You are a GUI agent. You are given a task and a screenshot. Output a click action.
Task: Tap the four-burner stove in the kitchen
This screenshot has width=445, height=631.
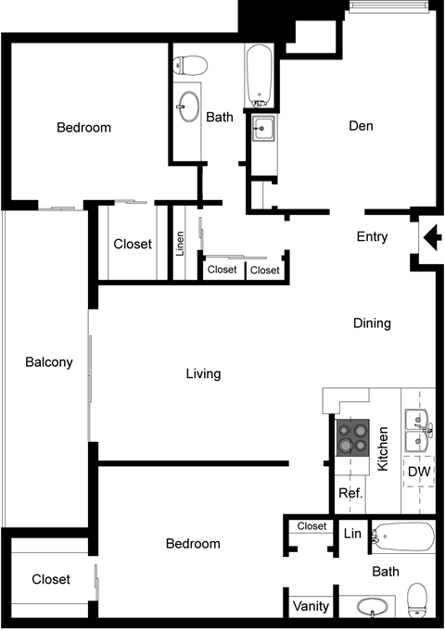coord(352,437)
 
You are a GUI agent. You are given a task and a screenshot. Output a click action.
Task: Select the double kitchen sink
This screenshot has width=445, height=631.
coord(418,430)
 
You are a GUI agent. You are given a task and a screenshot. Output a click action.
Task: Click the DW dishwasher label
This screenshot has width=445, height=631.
coord(419,472)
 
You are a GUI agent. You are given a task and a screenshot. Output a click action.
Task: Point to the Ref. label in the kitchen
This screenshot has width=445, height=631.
coord(350,493)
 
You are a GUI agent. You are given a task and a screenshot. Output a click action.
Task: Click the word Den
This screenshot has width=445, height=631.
coord(361,126)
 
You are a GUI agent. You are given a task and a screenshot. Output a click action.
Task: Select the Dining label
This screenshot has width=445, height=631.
coord(372,323)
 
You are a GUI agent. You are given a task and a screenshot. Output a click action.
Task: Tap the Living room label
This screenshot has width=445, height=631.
coord(203,374)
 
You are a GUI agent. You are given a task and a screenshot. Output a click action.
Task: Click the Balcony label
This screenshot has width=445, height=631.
coord(48,362)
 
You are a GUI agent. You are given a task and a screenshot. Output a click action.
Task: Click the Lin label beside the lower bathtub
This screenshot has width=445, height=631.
coord(352,533)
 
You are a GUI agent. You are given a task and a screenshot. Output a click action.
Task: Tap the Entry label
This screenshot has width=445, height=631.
coord(372,237)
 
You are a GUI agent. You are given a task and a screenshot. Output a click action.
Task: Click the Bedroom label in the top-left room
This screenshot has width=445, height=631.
coord(83,128)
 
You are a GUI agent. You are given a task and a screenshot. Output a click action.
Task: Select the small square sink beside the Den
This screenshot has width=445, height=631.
coord(262,129)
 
